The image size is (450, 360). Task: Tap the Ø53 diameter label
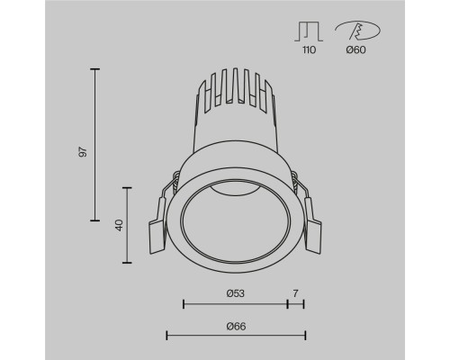[235, 293]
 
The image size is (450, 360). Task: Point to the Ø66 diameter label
[235, 325]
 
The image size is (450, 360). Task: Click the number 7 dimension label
[296, 293]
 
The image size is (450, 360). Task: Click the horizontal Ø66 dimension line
[236, 336]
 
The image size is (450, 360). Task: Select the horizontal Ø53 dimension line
[235, 304]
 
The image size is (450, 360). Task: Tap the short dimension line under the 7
[296, 304]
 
